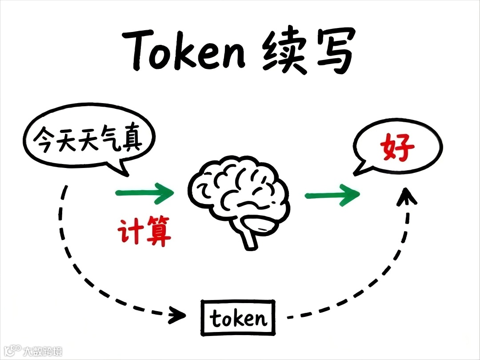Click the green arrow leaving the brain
332,195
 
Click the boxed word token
238,318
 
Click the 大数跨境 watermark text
43,351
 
